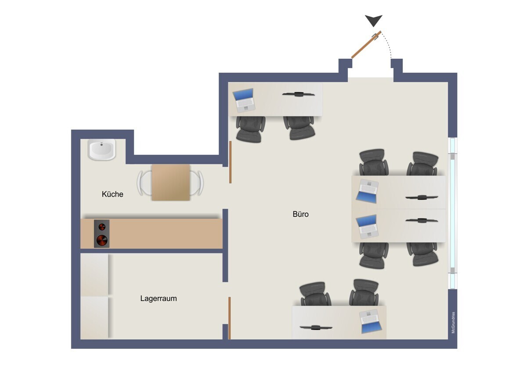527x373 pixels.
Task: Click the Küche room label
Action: (x=112, y=194)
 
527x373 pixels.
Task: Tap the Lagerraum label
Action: (x=159, y=298)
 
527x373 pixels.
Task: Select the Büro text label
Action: (x=301, y=214)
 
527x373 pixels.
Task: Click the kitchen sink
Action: (x=102, y=150)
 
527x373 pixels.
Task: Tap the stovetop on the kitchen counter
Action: (x=101, y=234)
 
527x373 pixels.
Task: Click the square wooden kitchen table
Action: (x=171, y=182)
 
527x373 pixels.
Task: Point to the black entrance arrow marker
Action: (x=374, y=20)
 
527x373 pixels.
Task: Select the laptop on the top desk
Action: (x=244, y=100)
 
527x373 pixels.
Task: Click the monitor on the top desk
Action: (x=298, y=94)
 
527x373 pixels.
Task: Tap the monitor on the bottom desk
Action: (x=316, y=327)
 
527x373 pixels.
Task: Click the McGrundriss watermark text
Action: (x=453, y=322)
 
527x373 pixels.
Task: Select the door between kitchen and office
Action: (x=230, y=162)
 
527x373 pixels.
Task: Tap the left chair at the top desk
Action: (x=250, y=128)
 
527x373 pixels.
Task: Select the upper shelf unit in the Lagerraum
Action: (x=94, y=274)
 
